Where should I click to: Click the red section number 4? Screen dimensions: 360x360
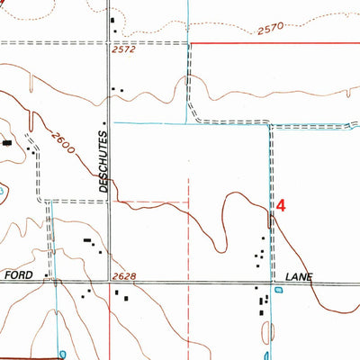coord(280,205)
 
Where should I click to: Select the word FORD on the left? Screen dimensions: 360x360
coord(19,274)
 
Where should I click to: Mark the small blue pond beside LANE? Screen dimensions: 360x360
coord(277,290)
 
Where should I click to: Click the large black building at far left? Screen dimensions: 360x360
coord(7,142)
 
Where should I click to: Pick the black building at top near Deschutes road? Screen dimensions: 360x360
coord(112,20)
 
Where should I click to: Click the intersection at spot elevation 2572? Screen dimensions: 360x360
coord(110,42)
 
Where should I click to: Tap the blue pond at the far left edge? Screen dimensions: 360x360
coord(3,190)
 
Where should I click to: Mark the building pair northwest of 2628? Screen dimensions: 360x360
coord(88,242)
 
